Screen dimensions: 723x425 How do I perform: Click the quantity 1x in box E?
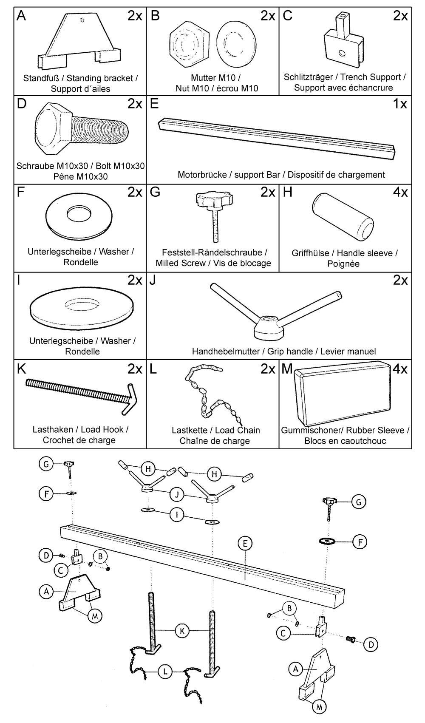(400, 104)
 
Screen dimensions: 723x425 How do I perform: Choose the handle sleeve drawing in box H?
(343, 217)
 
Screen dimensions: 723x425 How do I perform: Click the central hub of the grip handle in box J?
(269, 326)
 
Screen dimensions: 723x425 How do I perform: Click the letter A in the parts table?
(21, 16)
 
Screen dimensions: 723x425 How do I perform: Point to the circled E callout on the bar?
(245, 543)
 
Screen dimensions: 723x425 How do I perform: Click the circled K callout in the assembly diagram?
(182, 631)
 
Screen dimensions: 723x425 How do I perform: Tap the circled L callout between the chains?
(164, 672)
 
